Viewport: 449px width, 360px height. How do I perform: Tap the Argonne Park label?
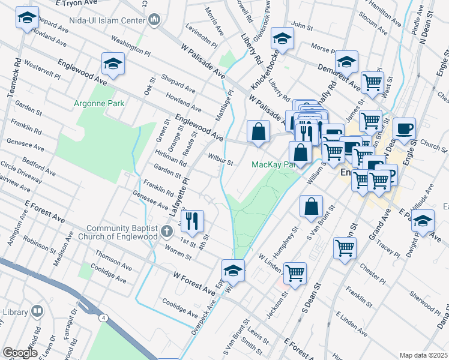(x=98, y=103)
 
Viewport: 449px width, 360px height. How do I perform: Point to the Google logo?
(x=20, y=353)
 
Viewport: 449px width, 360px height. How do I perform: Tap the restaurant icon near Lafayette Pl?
(x=192, y=221)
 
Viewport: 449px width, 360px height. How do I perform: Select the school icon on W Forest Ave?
(x=234, y=269)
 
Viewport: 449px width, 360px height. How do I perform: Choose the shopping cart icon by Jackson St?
(x=295, y=273)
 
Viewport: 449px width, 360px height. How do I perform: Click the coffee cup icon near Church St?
(x=404, y=128)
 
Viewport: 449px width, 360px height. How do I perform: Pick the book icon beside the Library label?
(x=37, y=313)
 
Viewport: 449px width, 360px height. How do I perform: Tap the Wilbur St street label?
(x=220, y=161)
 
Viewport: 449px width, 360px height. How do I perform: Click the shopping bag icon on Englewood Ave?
(x=258, y=131)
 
